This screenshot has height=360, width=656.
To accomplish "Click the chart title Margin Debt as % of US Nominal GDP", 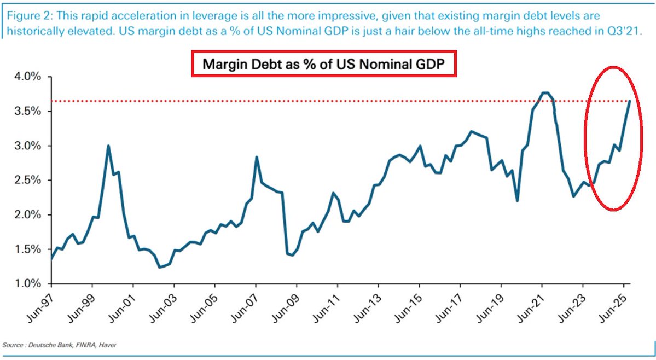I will (323, 64).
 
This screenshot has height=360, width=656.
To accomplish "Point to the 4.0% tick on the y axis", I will (26, 77).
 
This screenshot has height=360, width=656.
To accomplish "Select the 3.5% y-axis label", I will (26, 111).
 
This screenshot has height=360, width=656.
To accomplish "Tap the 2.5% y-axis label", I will (26, 180).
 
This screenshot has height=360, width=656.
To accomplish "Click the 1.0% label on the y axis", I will (26, 283).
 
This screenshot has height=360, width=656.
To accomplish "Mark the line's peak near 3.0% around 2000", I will (108, 146).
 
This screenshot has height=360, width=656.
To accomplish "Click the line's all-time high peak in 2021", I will (544, 92).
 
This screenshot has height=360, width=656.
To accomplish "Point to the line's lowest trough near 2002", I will (160, 267).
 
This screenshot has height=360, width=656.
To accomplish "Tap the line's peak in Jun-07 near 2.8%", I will (256, 157).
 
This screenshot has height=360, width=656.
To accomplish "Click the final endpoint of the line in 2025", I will (630, 101).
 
